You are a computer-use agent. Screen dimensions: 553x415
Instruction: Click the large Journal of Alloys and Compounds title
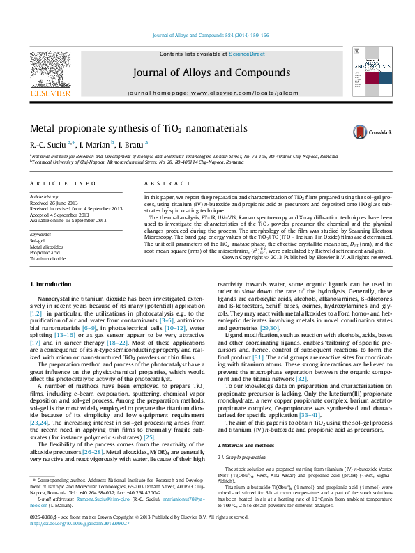tap(207, 72)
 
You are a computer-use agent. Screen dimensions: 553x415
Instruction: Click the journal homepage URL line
tap(208, 93)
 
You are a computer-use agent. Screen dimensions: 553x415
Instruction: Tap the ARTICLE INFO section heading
tap(62, 183)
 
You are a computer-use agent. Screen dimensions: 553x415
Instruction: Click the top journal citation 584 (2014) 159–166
tap(210, 35)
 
